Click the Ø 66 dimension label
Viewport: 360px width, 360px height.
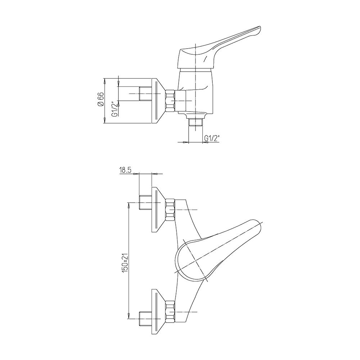point(101,99)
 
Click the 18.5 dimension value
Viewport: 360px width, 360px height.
point(125,170)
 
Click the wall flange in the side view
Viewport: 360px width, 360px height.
point(159,102)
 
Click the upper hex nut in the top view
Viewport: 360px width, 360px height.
point(170,210)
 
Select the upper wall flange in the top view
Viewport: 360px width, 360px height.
point(159,210)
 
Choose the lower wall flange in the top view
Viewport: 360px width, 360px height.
point(159,312)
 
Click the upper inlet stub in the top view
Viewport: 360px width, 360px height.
point(145,202)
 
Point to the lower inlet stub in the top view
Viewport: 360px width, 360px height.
point(145,319)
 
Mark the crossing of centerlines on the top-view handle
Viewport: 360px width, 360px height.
point(195,261)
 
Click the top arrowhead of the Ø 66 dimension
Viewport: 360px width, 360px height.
point(105,81)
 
